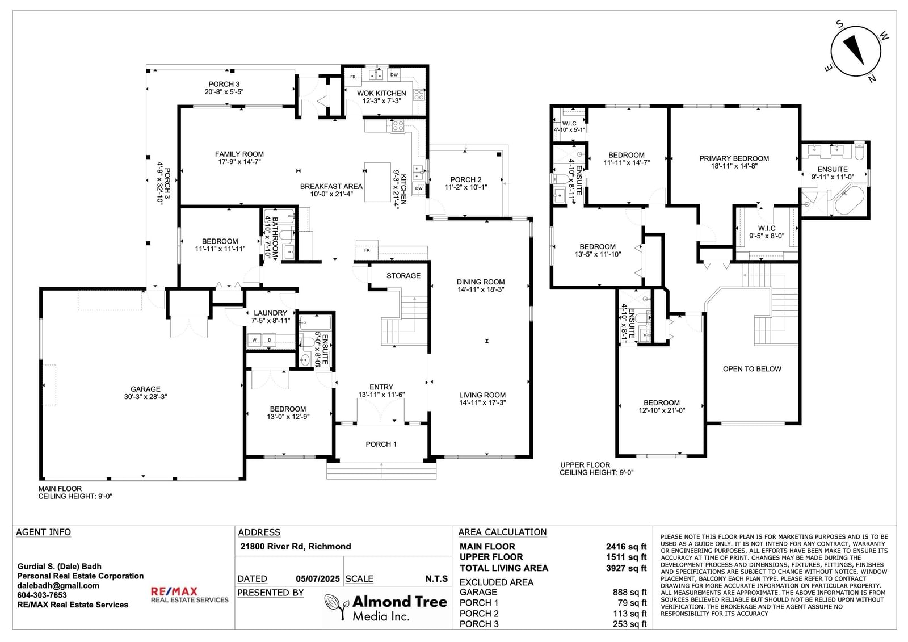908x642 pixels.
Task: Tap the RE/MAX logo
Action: [190, 595]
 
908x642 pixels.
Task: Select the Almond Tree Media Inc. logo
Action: [386, 607]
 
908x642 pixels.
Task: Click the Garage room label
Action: [145, 393]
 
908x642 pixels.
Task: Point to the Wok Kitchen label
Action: [381, 97]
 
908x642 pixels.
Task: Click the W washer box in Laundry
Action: [255, 340]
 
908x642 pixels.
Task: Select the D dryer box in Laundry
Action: [270, 340]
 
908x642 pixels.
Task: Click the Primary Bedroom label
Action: [734, 162]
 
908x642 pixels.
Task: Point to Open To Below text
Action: [752, 369]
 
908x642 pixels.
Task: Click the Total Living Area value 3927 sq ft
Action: [627, 568]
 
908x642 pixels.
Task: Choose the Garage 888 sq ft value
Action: [629, 593]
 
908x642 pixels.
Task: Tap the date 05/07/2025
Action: [318, 579]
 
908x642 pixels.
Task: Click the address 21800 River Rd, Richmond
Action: [296, 546]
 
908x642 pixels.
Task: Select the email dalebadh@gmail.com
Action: [58, 586]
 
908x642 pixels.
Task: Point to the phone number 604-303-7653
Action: [42, 595]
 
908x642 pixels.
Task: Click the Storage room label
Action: [403, 276]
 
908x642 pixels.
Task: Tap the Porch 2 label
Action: [466, 183]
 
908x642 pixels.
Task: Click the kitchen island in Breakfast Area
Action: [377, 182]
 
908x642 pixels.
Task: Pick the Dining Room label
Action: [480, 286]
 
